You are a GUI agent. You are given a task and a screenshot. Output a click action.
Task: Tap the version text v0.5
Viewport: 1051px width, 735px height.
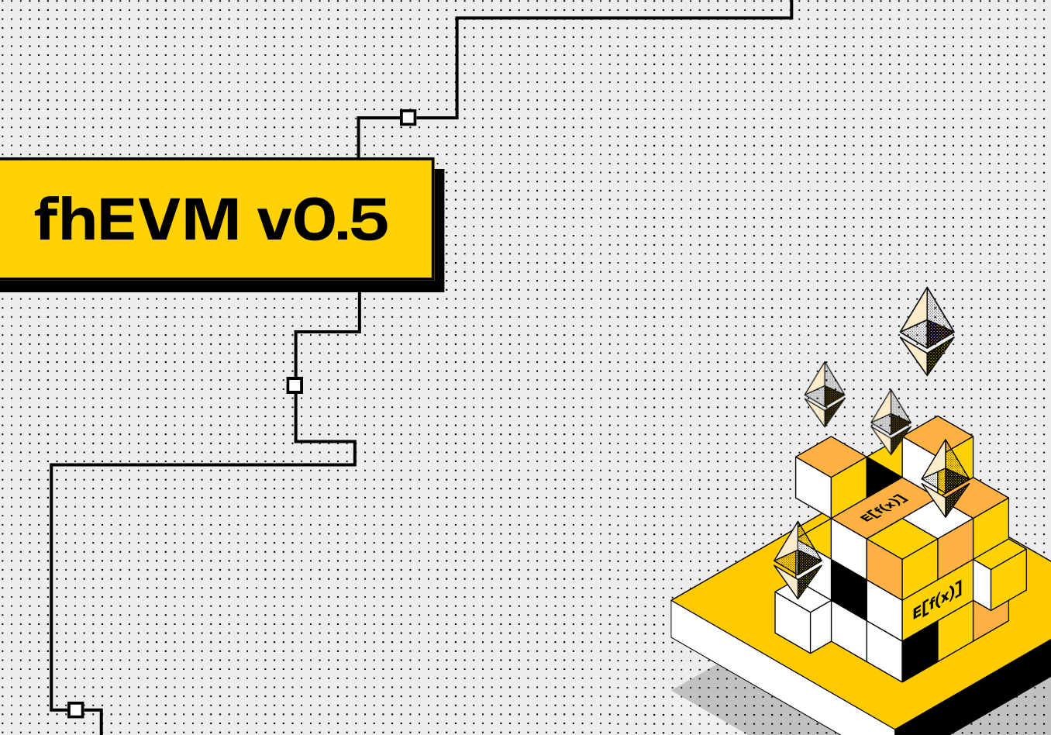tap(322, 220)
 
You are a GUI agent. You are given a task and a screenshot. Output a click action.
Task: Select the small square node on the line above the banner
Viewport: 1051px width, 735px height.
tap(408, 118)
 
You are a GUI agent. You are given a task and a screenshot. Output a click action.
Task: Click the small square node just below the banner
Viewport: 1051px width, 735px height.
tap(295, 385)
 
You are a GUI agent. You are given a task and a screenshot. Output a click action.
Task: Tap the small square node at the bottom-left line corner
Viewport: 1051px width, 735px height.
tap(75, 709)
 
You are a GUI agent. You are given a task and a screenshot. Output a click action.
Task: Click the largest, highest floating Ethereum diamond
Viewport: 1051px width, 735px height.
tap(927, 331)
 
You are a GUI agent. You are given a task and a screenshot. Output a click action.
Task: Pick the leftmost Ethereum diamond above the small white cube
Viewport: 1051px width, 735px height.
tap(798, 558)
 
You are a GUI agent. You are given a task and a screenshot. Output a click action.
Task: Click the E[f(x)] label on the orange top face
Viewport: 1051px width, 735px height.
tap(884, 508)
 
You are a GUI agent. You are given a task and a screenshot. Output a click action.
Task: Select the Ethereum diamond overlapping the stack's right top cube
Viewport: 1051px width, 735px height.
tap(946, 477)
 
